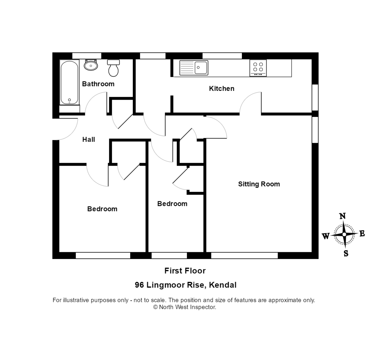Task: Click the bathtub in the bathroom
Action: click(x=69, y=82)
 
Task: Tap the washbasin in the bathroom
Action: click(x=91, y=65)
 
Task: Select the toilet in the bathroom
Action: click(x=113, y=68)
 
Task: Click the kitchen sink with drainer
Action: click(x=194, y=68)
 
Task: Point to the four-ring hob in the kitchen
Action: click(x=258, y=68)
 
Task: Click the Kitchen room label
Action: click(x=222, y=89)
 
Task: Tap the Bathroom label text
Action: click(x=98, y=84)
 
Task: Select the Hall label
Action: click(x=88, y=140)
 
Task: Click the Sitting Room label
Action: click(x=259, y=184)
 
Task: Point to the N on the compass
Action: click(x=342, y=216)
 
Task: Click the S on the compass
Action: click(x=346, y=253)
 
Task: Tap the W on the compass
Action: click(x=326, y=236)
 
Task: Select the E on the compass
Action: click(x=362, y=233)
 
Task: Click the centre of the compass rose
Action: click(x=344, y=234)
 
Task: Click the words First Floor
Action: click(x=185, y=271)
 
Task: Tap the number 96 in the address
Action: click(x=139, y=285)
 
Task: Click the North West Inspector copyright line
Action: click(x=184, y=307)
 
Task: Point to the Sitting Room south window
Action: click(x=244, y=256)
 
